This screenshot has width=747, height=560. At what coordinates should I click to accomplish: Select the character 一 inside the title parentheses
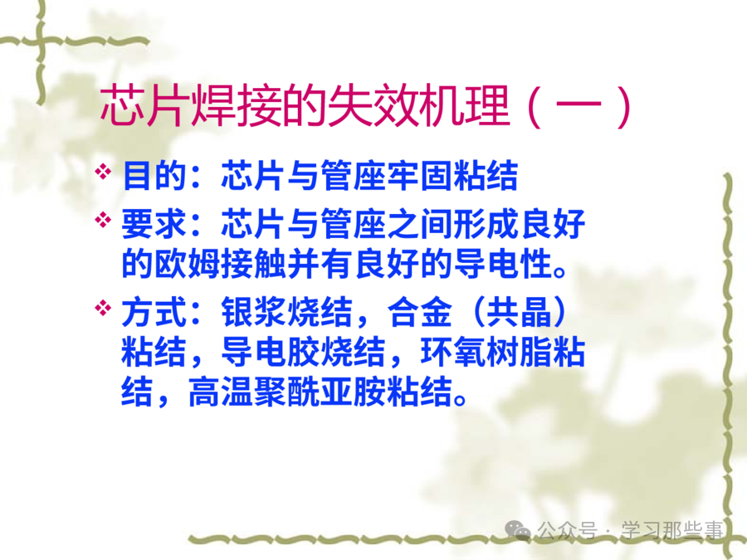(579, 105)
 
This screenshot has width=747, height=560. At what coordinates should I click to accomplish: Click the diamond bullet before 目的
(103, 172)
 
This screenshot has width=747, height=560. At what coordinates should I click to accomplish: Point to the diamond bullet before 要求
(103, 220)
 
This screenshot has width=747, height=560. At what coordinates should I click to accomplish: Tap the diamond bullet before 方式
(103, 308)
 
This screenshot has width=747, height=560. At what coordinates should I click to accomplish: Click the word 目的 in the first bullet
(154, 175)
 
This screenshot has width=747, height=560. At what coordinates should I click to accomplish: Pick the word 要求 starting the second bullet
(154, 224)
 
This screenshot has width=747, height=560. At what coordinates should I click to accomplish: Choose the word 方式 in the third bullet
(154, 312)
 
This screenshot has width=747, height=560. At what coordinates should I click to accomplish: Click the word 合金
(420, 312)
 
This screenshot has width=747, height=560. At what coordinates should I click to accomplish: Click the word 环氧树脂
(486, 352)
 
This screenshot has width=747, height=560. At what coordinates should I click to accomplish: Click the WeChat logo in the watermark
(517, 530)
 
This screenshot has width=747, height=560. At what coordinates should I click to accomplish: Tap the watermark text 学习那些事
(671, 530)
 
